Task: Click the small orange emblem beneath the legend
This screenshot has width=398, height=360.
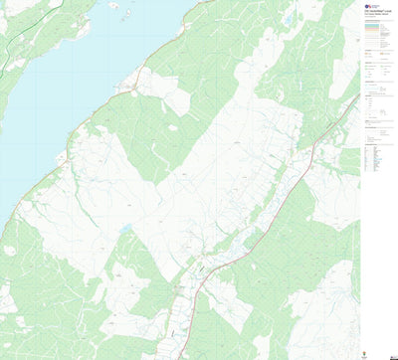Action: click(x=372, y=351)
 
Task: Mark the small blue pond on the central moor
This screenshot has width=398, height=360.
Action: click(x=126, y=229)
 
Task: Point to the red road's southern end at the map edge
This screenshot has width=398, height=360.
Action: click(x=177, y=357)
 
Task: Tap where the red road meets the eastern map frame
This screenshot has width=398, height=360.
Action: click(x=358, y=96)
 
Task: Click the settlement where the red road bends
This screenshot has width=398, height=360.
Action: click(x=204, y=267)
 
